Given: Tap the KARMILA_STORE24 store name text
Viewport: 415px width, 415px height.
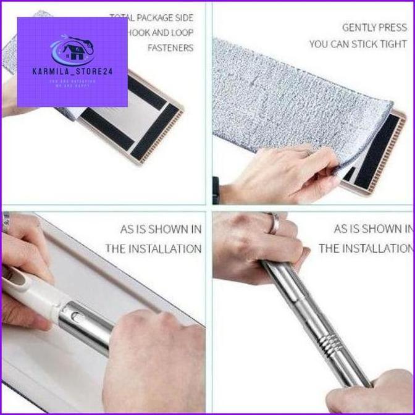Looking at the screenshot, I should (72, 72).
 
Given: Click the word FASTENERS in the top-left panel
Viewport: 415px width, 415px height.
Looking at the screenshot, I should (170, 48).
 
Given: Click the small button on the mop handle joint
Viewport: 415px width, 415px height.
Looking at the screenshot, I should (76, 316).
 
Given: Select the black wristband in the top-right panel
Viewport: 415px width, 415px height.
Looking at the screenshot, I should (216, 188).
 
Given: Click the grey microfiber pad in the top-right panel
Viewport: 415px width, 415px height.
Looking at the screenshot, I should (290, 93).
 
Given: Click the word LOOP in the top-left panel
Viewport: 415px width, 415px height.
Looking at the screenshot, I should (178, 32).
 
